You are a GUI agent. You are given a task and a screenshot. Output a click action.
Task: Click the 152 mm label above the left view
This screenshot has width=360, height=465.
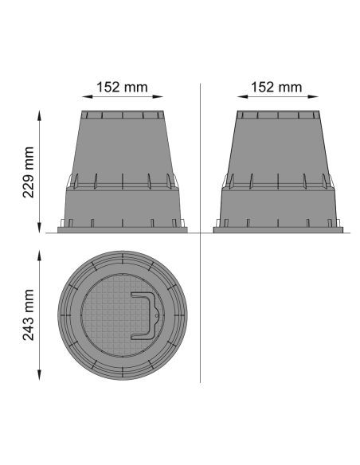click(123, 86)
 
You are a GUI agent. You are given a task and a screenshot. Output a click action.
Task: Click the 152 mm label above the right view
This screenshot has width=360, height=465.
click(277, 86)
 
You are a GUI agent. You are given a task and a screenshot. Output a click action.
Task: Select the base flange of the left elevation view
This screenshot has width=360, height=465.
click(123, 230)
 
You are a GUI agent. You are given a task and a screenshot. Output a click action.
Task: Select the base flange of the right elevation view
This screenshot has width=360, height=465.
click(277, 230)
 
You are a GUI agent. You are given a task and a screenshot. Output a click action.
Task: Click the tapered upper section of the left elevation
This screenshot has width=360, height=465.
click(123, 147)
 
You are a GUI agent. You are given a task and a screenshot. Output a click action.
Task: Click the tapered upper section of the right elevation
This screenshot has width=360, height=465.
click(277, 147)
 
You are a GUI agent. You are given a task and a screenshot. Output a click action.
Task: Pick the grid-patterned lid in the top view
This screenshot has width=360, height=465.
click(112, 318)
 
